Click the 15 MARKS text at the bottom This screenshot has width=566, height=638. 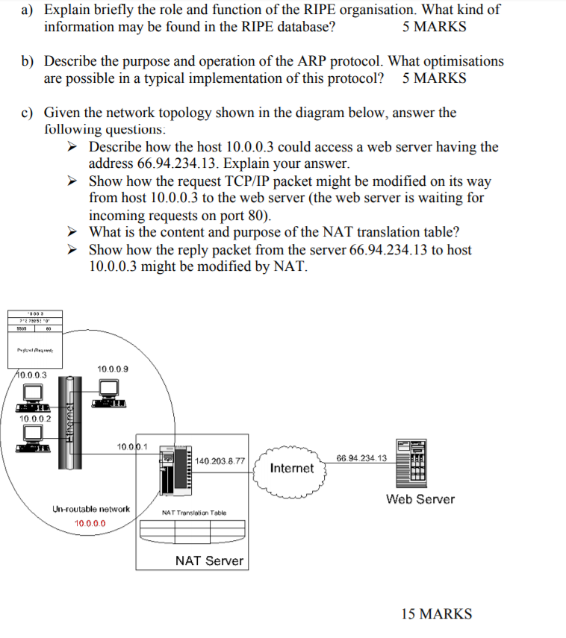(x=436, y=614)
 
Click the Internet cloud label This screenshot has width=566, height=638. (x=291, y=469)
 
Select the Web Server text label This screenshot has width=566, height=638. (x=420, y=499)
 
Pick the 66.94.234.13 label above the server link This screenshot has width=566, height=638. (x=361, y=457)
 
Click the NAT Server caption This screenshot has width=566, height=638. (x=209, y=560)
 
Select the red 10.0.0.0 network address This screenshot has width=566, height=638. (x=90, y=523)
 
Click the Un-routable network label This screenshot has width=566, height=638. (x=90, y=509)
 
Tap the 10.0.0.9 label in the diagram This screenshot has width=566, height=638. (x=112, y=369)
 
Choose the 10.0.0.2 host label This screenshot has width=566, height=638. (x=35, y=419)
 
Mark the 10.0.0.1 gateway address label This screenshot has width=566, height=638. (x=132, y=447)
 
